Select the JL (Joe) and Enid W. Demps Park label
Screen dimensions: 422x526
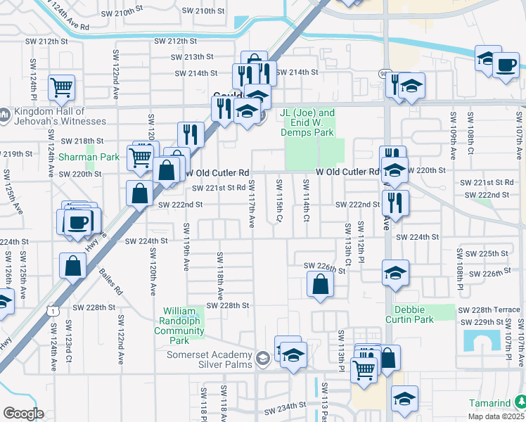coord(307,117)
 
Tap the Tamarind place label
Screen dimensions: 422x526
coord(492,403)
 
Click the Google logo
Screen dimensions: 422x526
coord(23,414)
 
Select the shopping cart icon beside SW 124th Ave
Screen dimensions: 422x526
coord(62,88)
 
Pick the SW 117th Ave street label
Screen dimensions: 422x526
coord(251,203)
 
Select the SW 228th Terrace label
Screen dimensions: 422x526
coord(489,310)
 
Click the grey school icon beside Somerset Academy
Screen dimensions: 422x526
coord(263,359)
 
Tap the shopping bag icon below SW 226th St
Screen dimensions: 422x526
coord(320,284)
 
